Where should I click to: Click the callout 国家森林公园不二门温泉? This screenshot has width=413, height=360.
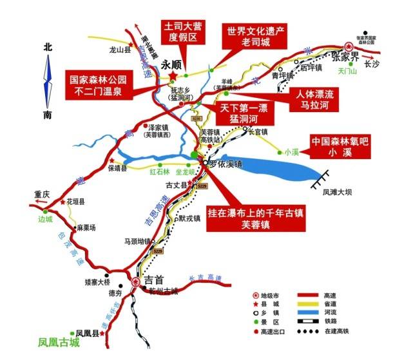(x=98, y=86)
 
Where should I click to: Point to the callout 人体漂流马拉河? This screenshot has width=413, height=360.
(x=313, y=97)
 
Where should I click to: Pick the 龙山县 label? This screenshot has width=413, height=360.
(x=120, y=48)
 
